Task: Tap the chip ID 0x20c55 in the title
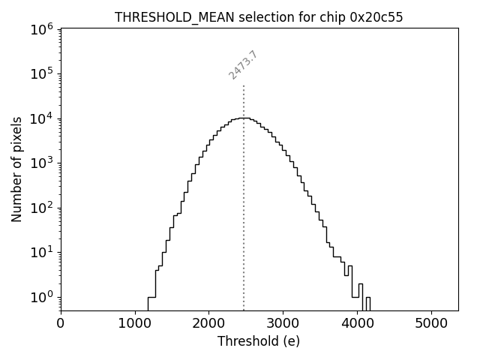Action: tap(376, 17)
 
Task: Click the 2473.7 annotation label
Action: tap(243, 65)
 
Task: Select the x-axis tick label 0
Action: tap(61, 325)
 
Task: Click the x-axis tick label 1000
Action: tap(135, 325)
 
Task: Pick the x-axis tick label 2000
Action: tap(208, 325)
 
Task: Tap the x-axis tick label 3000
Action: tap(283, 325)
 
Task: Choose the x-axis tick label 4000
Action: tap(357, 325)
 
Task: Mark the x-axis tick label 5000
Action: tap(431, 325)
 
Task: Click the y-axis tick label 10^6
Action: tap(42, 28)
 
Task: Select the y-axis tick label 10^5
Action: tap(42, 73)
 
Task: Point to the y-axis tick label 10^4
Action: tap(42, 118)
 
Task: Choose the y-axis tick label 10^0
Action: tap(42, 297)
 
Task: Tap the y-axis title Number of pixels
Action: tap(16, 169)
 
